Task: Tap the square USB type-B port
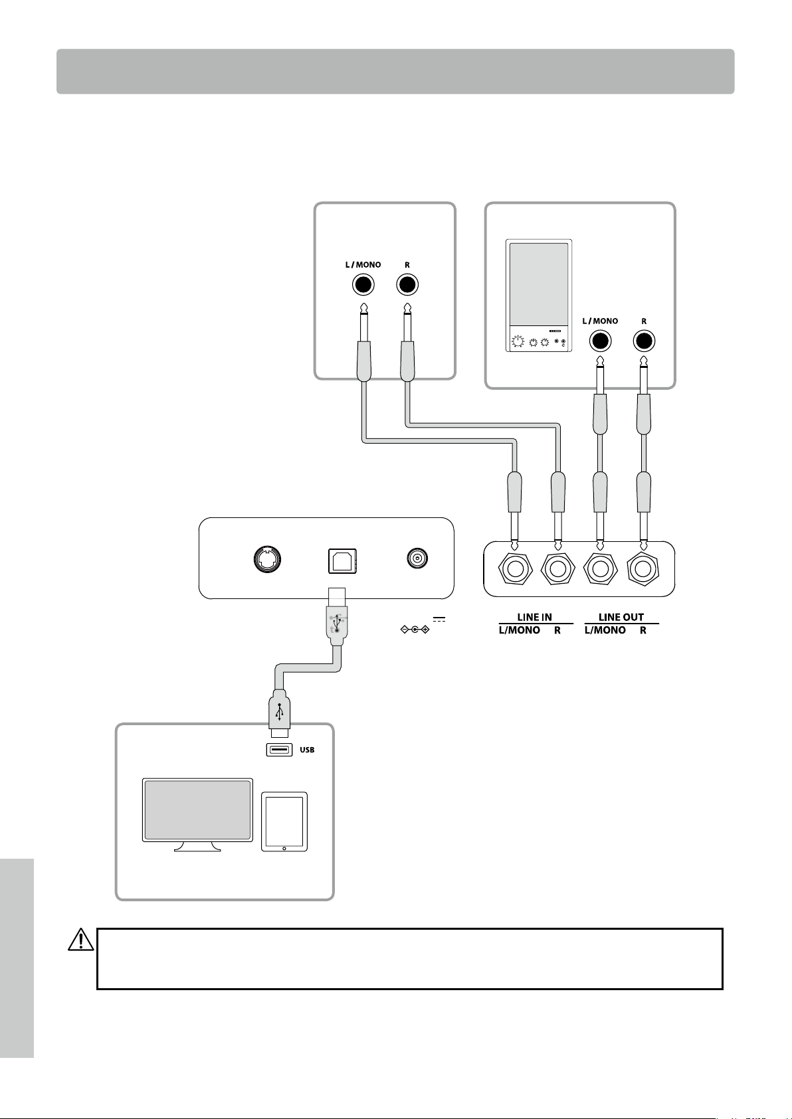(x=342, y=561)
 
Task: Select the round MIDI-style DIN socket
(x=267, y=559)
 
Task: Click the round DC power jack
(x=417, y=558)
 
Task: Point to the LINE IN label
(x=534, y=617)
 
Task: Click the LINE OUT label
(x=621, y=617)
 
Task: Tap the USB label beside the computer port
(x=307, y=750)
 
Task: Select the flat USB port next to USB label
(x=279, y=750)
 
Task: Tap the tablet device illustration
(x=284, y=821)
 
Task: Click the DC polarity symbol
(x=415, y=630)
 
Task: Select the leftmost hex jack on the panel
(x=515, y=568)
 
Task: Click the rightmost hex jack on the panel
(x=643, y=568)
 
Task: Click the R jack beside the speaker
(x=644, y=341)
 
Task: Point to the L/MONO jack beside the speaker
(x=600, y=341)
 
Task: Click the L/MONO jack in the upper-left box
(x=363, y=285)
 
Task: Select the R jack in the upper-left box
(x=407, y=285)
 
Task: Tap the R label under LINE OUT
(x=643, y=630)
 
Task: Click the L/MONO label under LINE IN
(x=519, y=630)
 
